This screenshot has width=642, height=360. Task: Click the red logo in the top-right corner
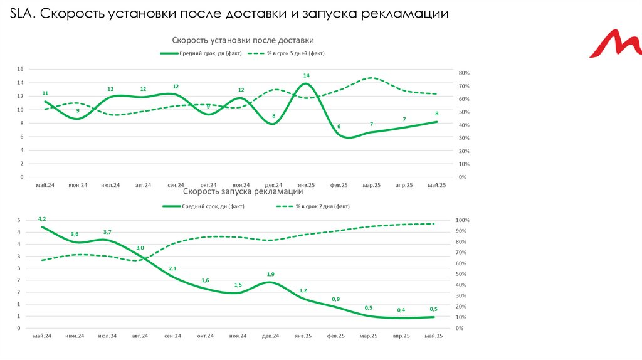point(616,45)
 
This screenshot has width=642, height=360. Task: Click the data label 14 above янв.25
point(306,76)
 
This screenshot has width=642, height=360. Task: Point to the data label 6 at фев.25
point(339,127)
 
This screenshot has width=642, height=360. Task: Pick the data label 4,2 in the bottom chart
point(42,218)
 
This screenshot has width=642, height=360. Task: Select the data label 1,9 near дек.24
point(270,274)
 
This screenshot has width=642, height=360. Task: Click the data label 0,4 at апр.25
point(401,310)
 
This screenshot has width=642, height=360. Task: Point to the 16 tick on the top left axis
point(20,69)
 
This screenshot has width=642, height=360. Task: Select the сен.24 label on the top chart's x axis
point(176,185)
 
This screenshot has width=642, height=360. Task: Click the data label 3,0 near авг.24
point(140,248)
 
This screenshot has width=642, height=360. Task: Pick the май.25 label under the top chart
point(436,185)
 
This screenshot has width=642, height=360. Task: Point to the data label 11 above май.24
point(45,93)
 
